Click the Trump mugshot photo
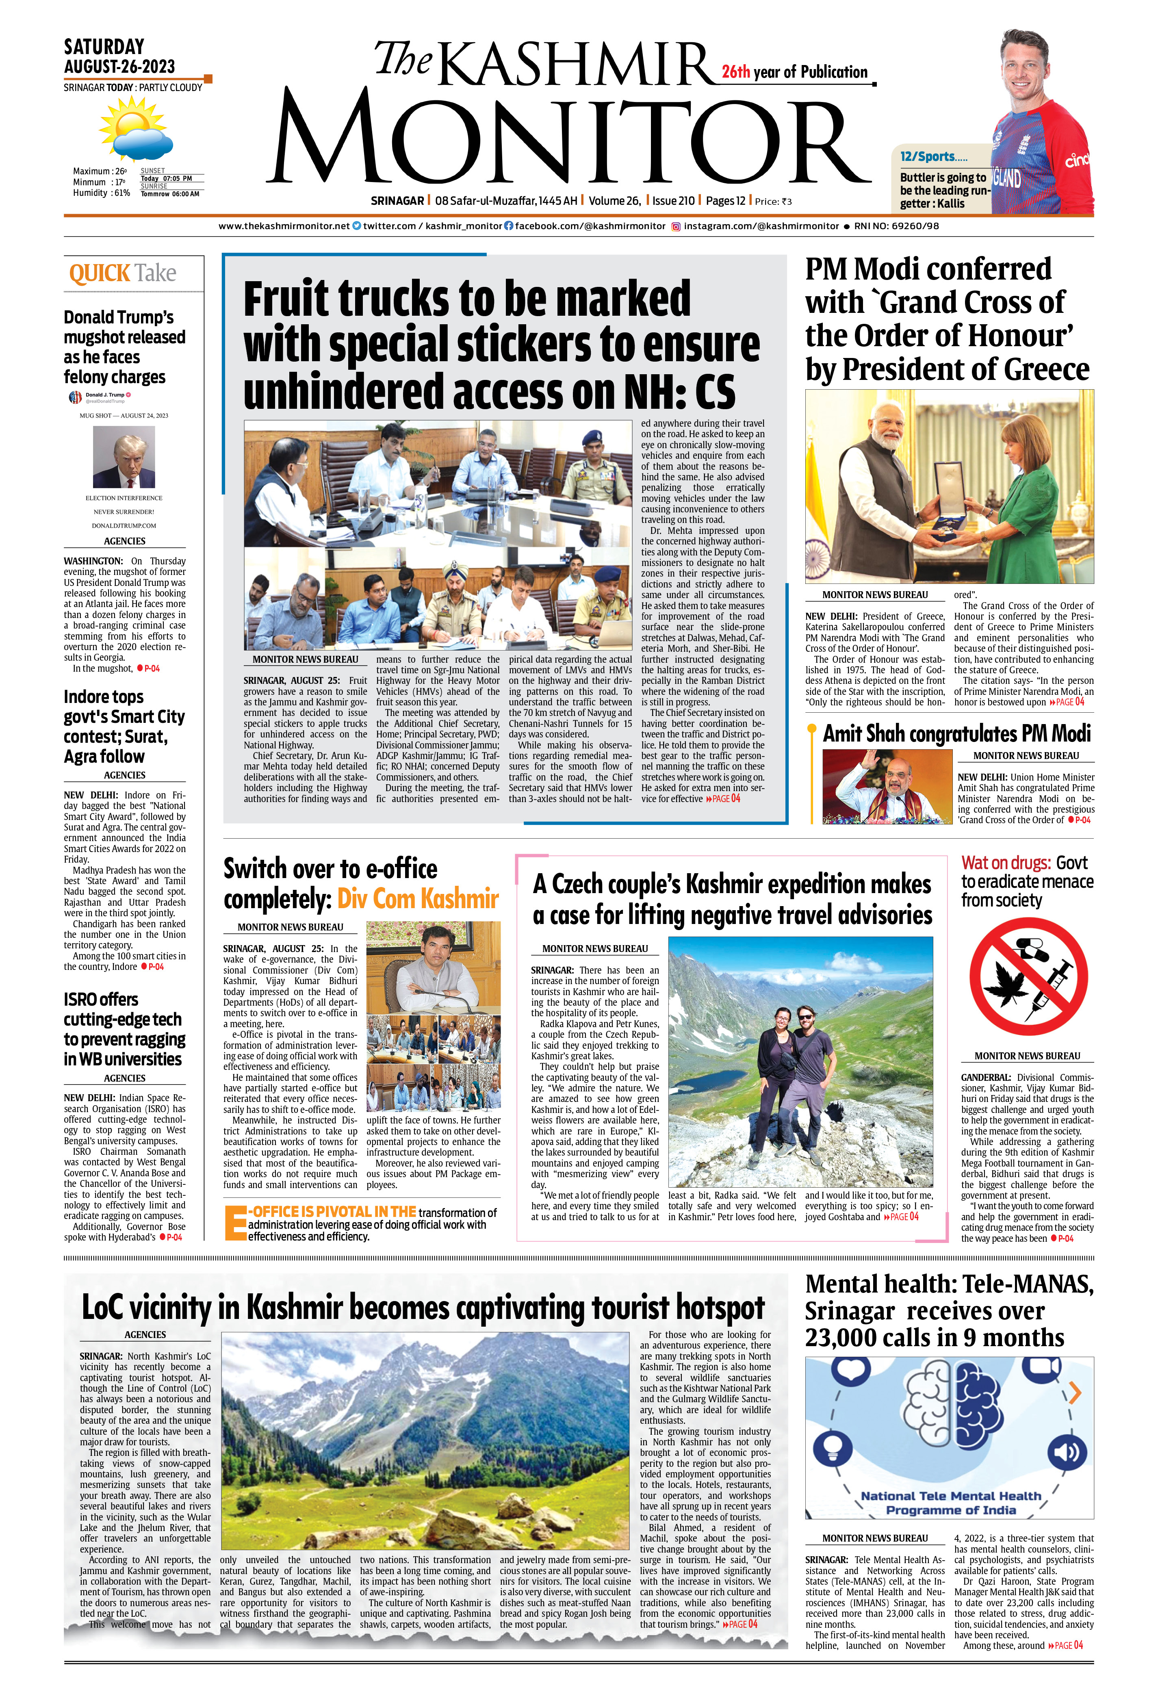tap(124, 457)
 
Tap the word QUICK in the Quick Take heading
tap(99, 274)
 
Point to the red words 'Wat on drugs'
tap(1006, 863)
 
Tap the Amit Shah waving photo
tap(887, 787)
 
